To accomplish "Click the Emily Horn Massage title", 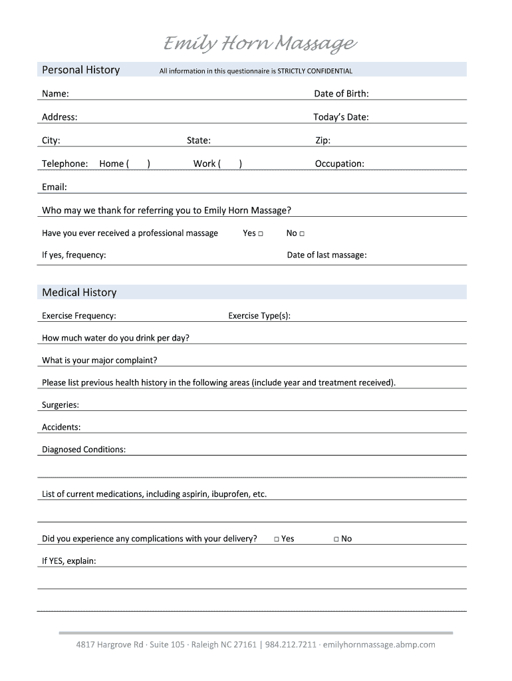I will [260, 45].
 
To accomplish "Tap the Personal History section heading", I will [80, 70].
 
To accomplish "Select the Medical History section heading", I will [79, 293].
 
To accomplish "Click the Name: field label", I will [55, 94].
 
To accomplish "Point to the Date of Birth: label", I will [341, 94].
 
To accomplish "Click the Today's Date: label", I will [340, 117].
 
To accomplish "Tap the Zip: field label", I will [322, 140].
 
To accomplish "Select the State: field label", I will [199, 140].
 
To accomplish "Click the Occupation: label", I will [339, 164].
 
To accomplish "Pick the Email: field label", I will [55, 187].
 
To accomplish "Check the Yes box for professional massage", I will [261, 233].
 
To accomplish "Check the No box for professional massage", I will [302, 233].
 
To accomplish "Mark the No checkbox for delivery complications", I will [336, 539].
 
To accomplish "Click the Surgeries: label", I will [61, 404].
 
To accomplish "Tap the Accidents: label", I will [61, 427].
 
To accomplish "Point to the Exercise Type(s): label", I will [259, 315].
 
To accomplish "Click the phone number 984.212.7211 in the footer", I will [291, 644].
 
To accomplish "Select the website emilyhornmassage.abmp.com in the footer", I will [379, 644].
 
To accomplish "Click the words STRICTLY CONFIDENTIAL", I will [315, 71].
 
